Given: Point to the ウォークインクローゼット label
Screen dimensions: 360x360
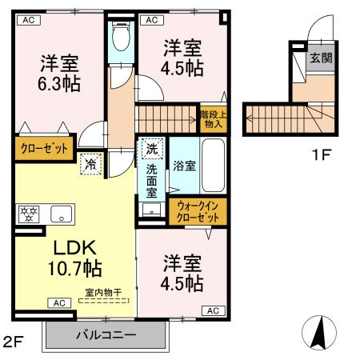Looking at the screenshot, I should point(198,212).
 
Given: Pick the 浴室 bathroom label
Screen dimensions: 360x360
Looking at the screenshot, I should point(185,166).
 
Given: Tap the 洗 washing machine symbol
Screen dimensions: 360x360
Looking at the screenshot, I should point(152,148).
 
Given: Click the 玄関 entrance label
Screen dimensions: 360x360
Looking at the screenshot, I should point(322,59).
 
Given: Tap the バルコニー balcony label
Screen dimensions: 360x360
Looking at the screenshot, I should point(106,334).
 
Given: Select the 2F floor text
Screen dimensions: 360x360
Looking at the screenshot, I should point(14,342).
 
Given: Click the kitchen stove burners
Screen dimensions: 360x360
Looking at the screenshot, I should point(29,214).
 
